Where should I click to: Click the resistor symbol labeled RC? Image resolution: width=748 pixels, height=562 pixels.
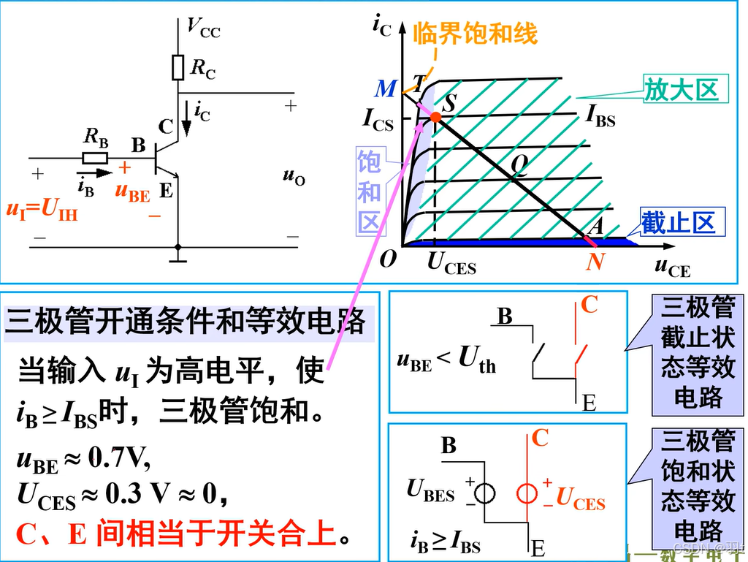(x=178, y=67)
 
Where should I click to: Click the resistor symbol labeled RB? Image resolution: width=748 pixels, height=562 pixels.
(x=95, y=157)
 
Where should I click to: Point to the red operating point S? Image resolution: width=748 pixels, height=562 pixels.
(x=435, y=117)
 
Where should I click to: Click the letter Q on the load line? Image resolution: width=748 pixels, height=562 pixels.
(x=519, y=166)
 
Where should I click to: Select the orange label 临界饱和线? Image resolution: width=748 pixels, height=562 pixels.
(x=475, y=33)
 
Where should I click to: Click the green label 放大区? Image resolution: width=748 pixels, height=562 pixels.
(x=681, y=89)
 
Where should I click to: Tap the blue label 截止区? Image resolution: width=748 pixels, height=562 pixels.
(x=678, y=221)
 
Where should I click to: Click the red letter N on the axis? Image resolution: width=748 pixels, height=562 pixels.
(x=595, y=261)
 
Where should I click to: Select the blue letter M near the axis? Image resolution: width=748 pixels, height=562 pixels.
(x=385, y=89)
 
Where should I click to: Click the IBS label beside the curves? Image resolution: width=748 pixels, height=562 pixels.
(x=600, y=116)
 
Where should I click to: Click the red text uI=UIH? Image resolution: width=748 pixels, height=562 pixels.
(x=42, y=210)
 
